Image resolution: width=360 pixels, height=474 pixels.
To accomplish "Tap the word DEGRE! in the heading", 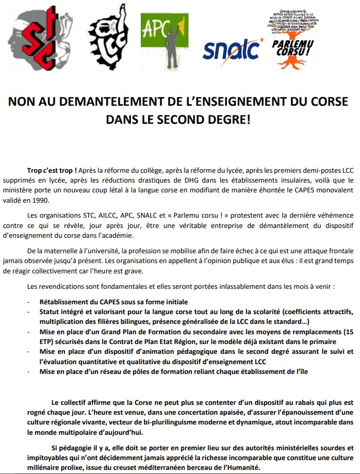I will click(226, 119).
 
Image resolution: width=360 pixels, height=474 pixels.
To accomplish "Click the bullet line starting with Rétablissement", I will click(114, 301).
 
